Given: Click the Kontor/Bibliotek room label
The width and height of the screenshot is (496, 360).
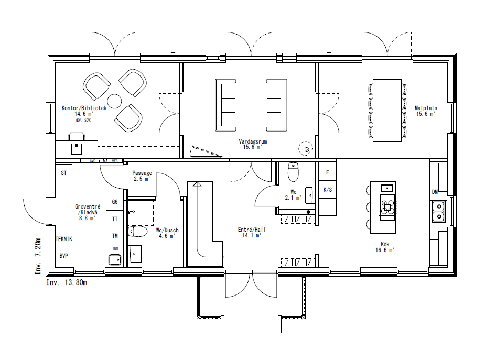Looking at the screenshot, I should tap(84, 108).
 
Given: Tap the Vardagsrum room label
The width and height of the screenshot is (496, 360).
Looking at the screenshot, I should tap(250, 141).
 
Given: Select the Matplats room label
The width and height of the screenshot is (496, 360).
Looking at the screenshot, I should tap(425, 108).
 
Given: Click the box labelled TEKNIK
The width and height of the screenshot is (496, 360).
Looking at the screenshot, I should tap(63, 239).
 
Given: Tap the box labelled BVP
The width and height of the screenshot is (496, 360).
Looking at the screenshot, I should tap(63, 255).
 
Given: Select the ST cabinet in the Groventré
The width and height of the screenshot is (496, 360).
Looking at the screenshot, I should tap(64, 172).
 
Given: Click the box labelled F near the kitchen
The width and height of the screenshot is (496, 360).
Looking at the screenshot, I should tap(327, 172).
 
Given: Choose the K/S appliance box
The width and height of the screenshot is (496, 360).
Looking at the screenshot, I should tap(327, 190).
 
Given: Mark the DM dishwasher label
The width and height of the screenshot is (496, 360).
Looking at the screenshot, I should tap(435, 192).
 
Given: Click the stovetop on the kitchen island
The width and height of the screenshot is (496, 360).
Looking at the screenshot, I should tap(387, 207).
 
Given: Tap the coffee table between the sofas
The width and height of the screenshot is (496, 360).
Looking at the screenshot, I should tap(251, 105).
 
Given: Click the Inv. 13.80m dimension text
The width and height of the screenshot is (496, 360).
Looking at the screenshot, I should tap(67, 282).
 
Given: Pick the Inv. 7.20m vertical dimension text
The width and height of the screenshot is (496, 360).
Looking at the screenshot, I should tap(38, 255).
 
